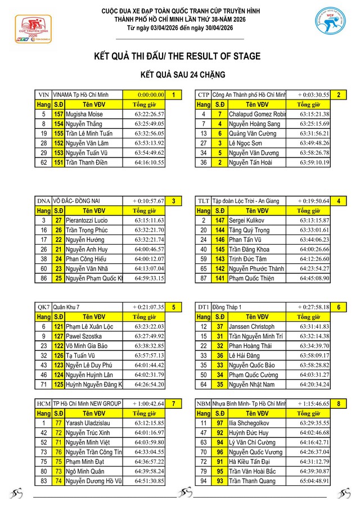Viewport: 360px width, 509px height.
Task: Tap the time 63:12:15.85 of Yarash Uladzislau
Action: coord(149,423)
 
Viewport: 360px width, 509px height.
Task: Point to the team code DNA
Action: coord(43,201)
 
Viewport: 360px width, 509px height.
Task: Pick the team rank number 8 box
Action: coord(338,403)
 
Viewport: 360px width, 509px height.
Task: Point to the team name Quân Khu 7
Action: coord(66,307)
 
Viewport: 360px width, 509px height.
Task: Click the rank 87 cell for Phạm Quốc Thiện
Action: coord(204,277)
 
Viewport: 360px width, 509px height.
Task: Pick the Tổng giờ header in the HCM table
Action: coord(144,413)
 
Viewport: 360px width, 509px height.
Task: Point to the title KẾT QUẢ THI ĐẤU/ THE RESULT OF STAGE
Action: coord(177,56)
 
